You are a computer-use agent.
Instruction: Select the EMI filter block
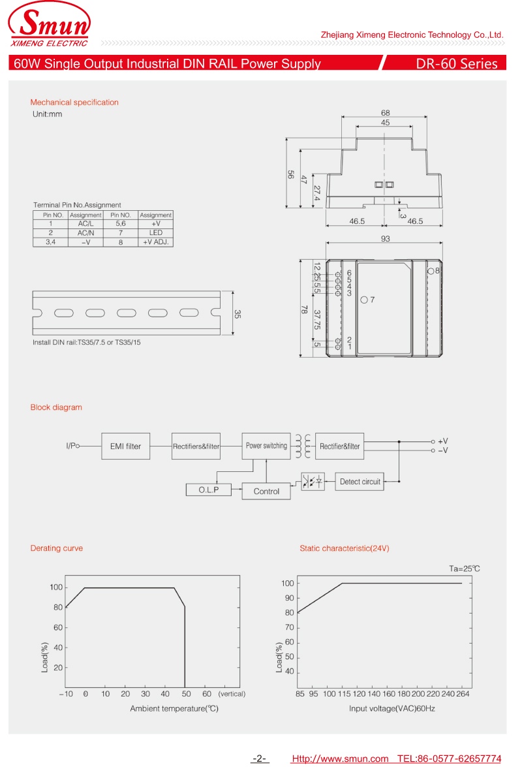(x=125, y=446)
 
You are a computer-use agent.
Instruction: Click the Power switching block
(x=266, y=446)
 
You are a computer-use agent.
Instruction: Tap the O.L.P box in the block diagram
(x=208, y=490)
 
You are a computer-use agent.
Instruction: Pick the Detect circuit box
(x=360, y=482)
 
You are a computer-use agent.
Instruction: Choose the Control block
(x=266, y=492)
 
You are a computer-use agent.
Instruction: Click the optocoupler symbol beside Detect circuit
(x=313, y=482)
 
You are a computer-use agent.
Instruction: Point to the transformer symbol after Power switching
(x=302, y=446)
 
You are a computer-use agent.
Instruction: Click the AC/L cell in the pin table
(x=85, y=224)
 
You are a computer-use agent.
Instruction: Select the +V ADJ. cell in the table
(x=155, y=242)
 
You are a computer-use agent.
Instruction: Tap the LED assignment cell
(x=155, y=233)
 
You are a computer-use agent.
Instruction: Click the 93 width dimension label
(x=386, y=239)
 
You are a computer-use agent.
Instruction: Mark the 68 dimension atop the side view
(x=386, y=113)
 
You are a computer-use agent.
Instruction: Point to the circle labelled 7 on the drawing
(x=363, y=300)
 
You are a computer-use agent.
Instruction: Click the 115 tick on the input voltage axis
(x=343, y=694)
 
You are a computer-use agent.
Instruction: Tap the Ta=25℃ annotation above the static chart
(x=464, y=569)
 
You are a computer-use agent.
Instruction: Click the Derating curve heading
(x=57, y=548)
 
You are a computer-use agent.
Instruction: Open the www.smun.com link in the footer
(x=340, y=759)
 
